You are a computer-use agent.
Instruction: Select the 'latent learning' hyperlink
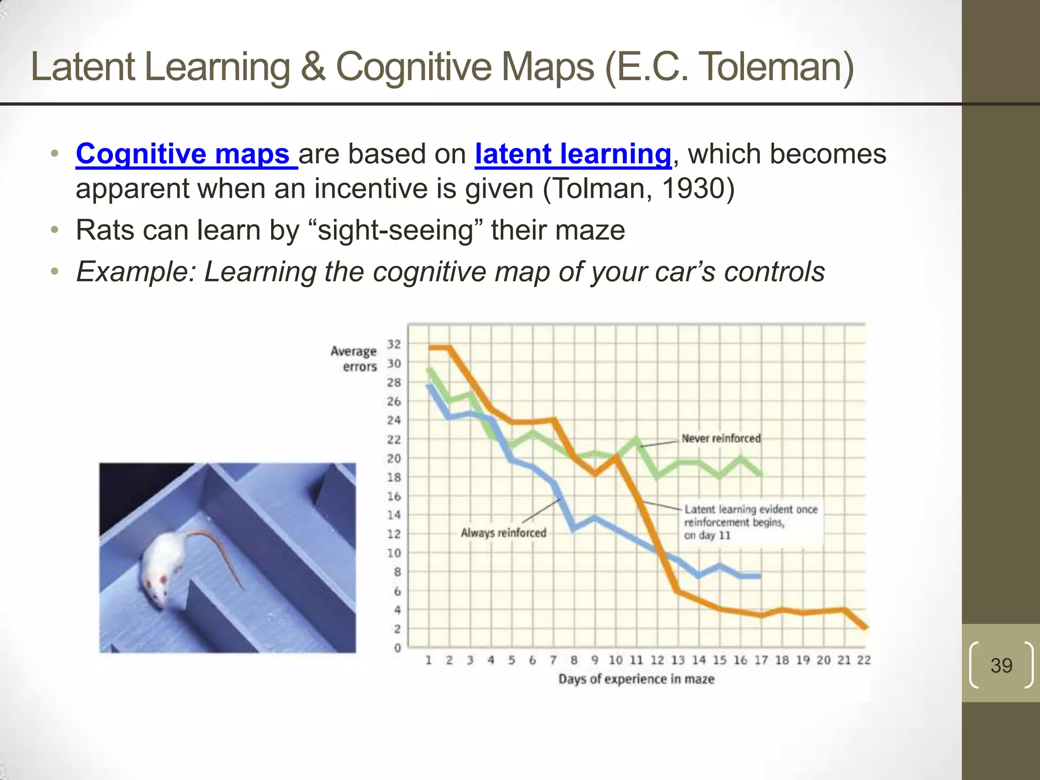point(573,154)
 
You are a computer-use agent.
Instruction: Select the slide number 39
point(1001,665)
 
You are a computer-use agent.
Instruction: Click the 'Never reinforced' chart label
point(721,438)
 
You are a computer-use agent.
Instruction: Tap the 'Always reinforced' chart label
point(503,533)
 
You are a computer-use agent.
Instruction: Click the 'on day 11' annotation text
point(706,535)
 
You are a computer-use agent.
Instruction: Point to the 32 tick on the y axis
point(394,344)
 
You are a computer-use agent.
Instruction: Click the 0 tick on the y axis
point(397,648)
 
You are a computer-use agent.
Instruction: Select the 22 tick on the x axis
point(864,660)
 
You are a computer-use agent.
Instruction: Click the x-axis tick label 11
point(636,660)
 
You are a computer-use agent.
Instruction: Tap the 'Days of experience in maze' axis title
point(636,679)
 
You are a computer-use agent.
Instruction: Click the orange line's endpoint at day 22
point(865,627)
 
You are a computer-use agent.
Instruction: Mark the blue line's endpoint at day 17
point(760,576)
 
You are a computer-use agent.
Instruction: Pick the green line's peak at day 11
point(637,439)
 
